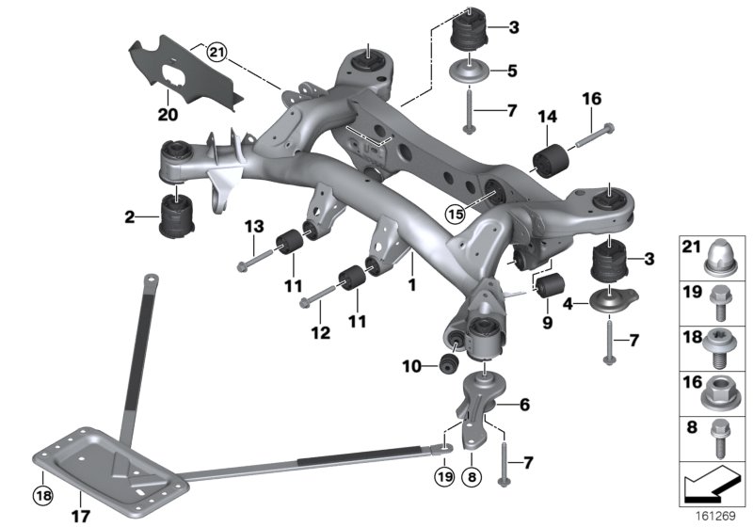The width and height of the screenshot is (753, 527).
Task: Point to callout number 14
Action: coord(547,117)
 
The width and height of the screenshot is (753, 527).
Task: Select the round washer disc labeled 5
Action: coord(467,71)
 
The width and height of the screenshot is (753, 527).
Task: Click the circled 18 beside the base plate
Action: coord(40,493)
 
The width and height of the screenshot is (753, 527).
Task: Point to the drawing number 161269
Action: coord(718,514)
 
